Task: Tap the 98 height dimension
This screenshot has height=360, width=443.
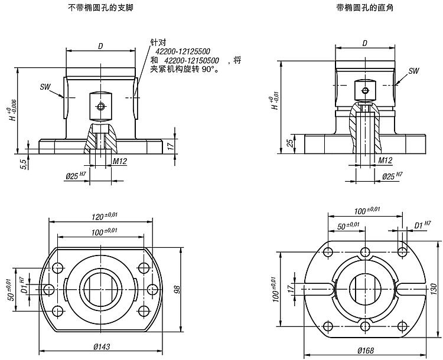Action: [x=176, y=289]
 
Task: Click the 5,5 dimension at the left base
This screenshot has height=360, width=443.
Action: [x=23, y=162]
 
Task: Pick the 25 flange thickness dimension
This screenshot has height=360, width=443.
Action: [x=289, y=143]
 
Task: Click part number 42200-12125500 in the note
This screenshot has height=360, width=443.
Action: [x=187, y=52]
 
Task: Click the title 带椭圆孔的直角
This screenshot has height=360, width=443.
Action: [x=365, y=9]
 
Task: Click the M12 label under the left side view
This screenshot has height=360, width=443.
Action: [x=120, y=161]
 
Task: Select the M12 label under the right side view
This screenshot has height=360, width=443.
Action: [x=385, y=160]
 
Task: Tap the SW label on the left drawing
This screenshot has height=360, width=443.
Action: [x=45, y=87]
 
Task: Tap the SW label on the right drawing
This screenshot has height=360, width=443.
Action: [x=413, y=71]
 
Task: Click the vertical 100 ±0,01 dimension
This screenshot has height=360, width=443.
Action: [x=274, y=289]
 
